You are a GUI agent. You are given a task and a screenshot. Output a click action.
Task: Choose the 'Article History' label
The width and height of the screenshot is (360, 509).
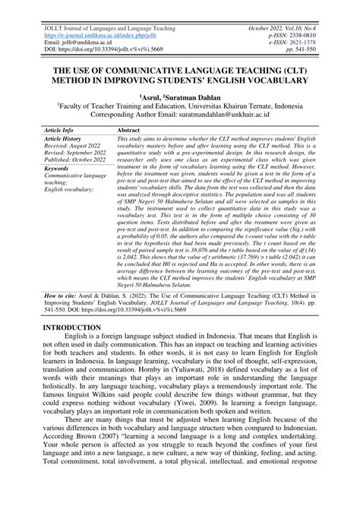(x=64, y=140)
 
